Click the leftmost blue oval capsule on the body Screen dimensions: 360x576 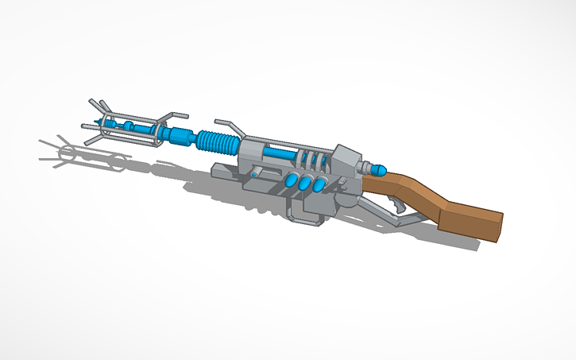tap(292, 182)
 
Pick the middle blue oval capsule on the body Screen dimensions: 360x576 tap(306, 184)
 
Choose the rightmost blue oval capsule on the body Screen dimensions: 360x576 tap(320, 185)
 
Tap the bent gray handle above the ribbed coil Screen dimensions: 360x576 tap(225, 123)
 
